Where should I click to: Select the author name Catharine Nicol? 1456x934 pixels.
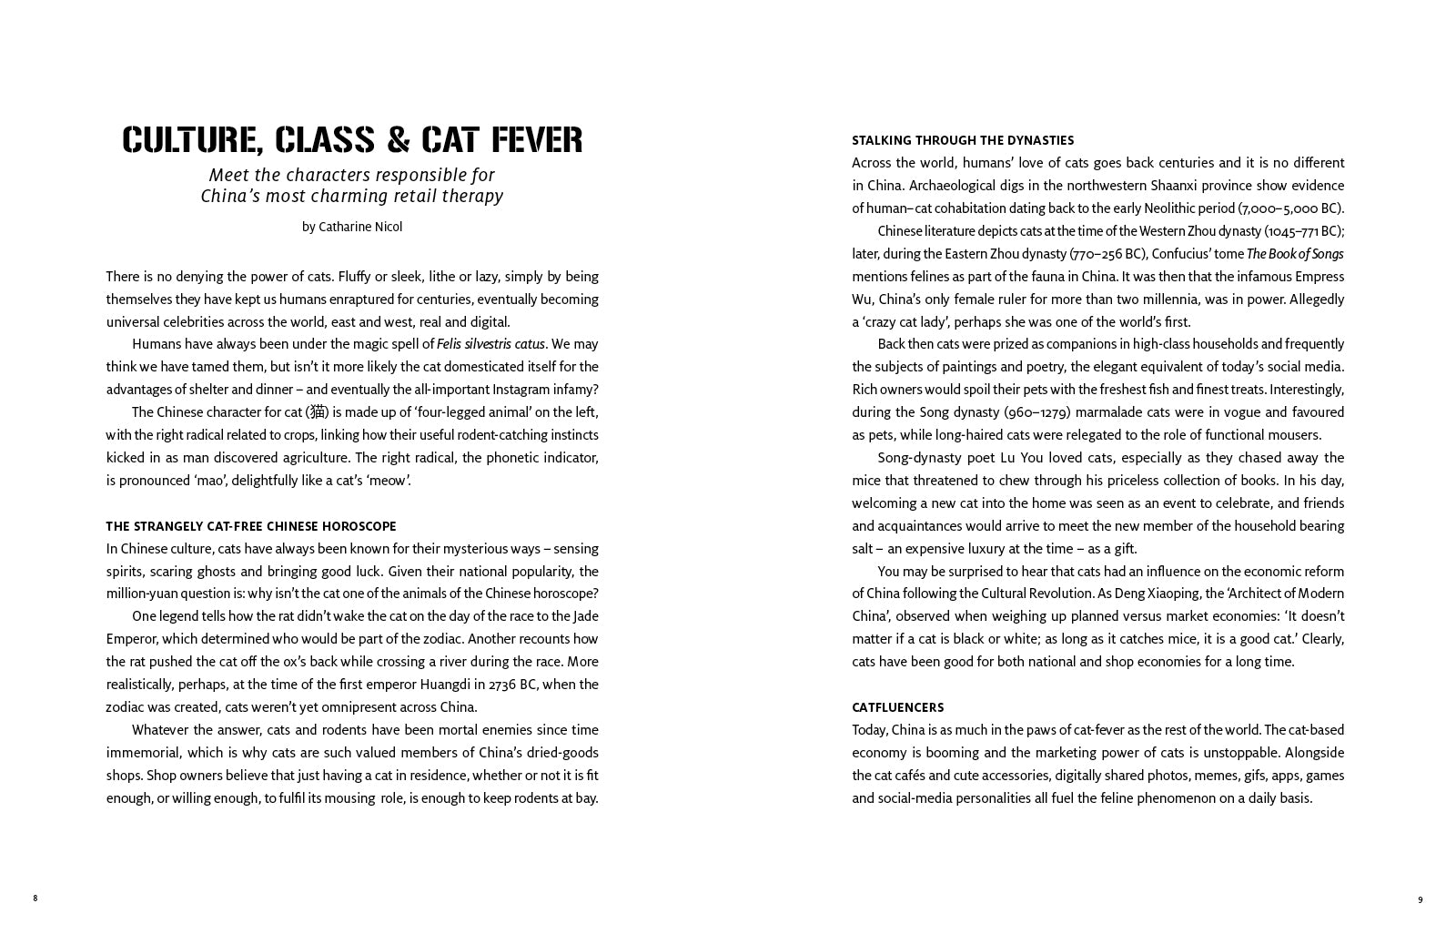pos(360,227)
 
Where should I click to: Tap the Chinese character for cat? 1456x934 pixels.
pos(317,412)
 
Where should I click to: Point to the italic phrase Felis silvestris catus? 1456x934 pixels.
pos(490,344)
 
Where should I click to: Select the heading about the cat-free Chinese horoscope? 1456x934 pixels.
pos(251,526)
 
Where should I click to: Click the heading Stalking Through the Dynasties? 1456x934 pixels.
pos(963,140)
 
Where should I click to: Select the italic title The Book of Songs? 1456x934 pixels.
pos(1295,254)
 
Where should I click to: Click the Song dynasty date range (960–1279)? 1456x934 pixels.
pos(1036,412)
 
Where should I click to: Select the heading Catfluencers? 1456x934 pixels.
pos(897,707)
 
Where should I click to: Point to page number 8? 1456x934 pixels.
pos(35,898)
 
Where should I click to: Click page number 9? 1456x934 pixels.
pos(1420,900)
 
